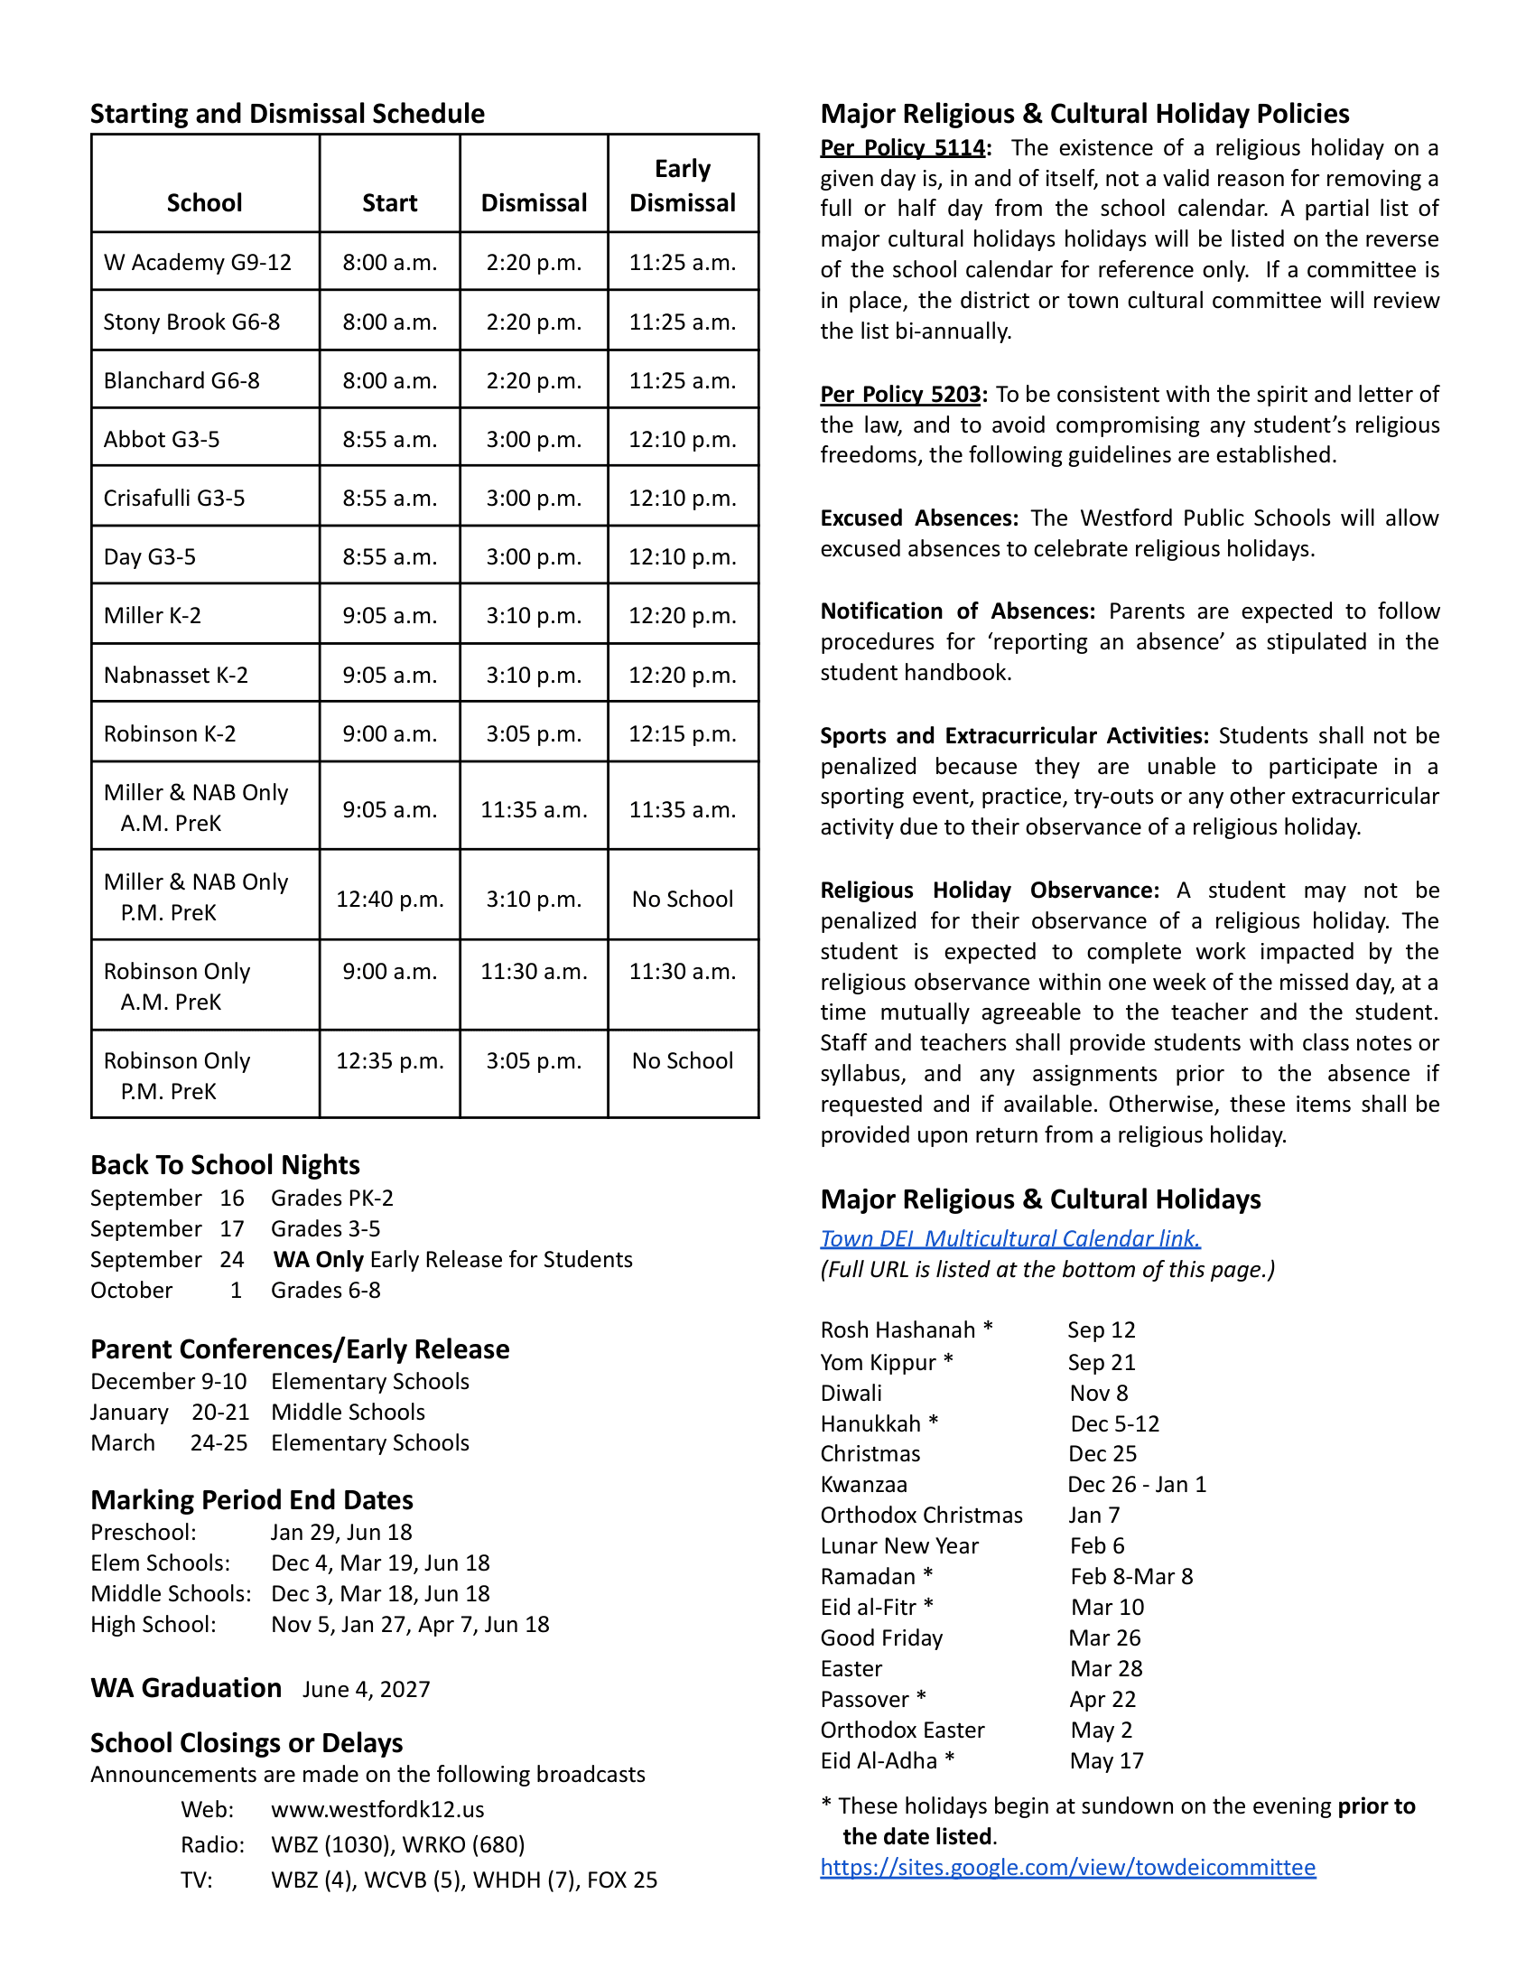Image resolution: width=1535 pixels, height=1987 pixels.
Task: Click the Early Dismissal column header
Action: pyautogui.click(x=682, y=185)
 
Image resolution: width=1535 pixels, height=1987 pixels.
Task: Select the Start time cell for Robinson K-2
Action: pyautogui.click(x=389, y=733)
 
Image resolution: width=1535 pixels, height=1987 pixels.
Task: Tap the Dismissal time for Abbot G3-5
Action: pyautogui.click(x=533, y=440)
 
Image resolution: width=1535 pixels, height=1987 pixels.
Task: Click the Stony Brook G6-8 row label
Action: pyautogui.click(x=191, y=322)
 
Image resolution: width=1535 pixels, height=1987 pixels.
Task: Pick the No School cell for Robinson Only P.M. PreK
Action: pyautogui.click(x=682, y=1061)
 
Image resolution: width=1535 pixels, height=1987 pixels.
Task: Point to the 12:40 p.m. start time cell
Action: pyautogui.click(x=389, y=899)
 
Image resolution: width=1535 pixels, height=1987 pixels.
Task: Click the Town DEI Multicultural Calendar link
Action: pyautogui.click(x=1009, y=1238)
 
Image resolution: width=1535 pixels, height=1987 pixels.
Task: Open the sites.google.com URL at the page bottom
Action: pyautogui.click(x=1066, y=1867)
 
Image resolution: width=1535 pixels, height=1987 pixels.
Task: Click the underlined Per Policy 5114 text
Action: pyautogui.click(x=902, y=148)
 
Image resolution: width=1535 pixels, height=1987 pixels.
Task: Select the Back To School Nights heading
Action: pyautogui.click(x=225, y=1164)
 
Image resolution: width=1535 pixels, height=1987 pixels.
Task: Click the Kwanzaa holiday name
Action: pyautogui.click(x=863, y=1485)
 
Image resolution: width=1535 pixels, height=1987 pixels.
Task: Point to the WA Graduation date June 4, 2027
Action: pyautogui.click(x=366, y=1690)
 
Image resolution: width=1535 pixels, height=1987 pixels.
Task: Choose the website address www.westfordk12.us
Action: pyautogui.click(x=377, y=1809)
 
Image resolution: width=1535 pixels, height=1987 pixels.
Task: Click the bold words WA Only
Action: pyautogui.click(x=318, y=1259)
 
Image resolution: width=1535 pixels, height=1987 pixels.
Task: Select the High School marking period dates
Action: pyautogui.click(x=409, y=1624)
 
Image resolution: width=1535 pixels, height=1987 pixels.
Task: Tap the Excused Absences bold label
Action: pyautogui.click(x=918, y=518)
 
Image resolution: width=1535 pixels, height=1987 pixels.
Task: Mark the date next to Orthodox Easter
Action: pyautogui.click(x=1101, y=1730)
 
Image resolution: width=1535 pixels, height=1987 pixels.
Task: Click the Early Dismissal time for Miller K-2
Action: pyautogui.click(x=682, y=616)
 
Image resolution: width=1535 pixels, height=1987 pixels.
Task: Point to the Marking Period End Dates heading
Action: pyautogui.click(x=252, y=1499)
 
